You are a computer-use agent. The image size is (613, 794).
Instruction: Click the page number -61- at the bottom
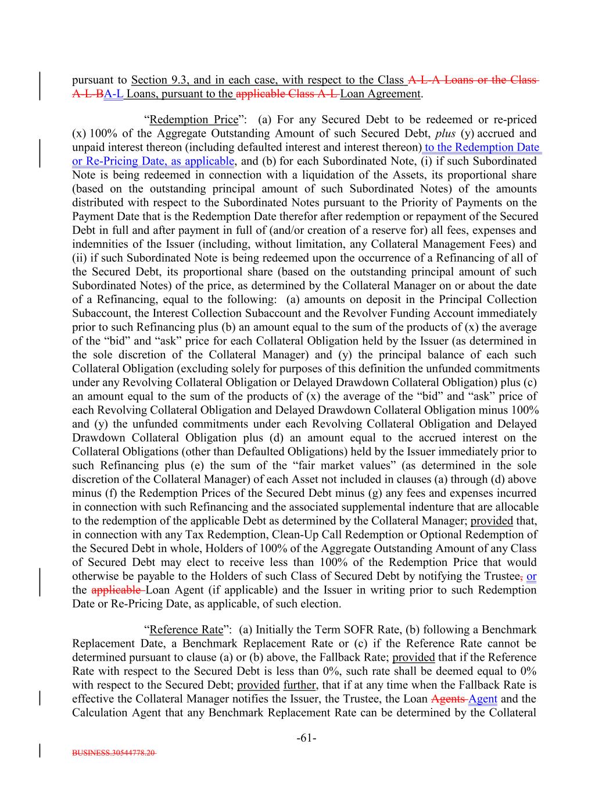point(306,738)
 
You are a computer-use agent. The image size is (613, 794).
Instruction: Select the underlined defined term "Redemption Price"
point(194,120)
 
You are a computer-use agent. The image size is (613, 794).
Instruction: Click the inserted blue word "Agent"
point(483,699)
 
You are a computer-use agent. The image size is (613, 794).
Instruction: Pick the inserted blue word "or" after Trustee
point(531,576)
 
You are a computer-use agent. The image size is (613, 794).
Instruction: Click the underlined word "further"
point(299,685)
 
